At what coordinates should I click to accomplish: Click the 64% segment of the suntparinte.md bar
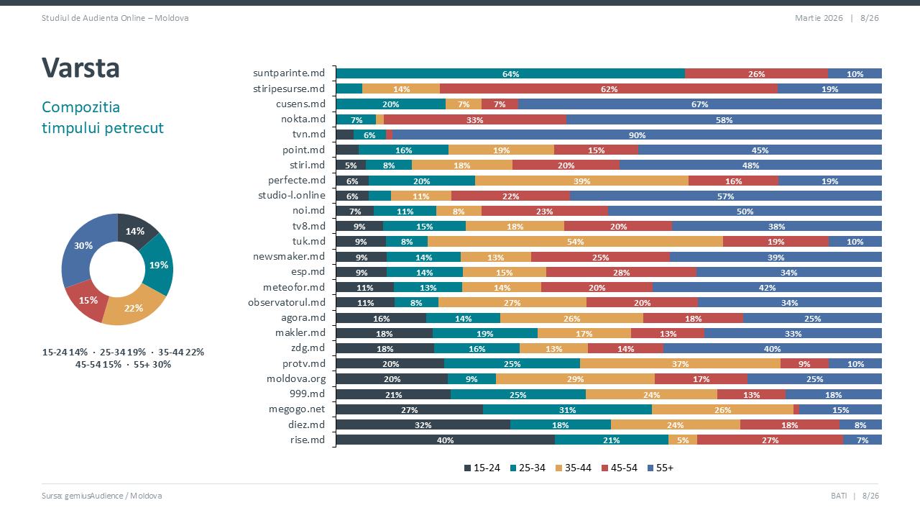coord(510,73)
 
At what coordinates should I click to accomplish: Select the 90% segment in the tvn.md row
coord(637,135)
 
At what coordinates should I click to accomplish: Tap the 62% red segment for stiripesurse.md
coord(609,88)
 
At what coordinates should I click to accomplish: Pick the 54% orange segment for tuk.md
coord(575,242)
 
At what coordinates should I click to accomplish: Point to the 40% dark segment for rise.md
coord(445,440)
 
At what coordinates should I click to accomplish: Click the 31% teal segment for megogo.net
coord(567,409)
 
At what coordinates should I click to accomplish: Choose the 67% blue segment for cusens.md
coord(700,104)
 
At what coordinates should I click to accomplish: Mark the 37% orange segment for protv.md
coord(680,363)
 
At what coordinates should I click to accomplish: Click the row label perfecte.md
coord(297,180)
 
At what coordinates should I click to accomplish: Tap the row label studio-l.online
coord(292,196)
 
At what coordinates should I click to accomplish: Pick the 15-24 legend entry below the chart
coord(482,468)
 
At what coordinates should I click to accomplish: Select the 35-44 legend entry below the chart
coord(573,468)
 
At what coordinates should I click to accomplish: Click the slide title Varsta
coord(80,68)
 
